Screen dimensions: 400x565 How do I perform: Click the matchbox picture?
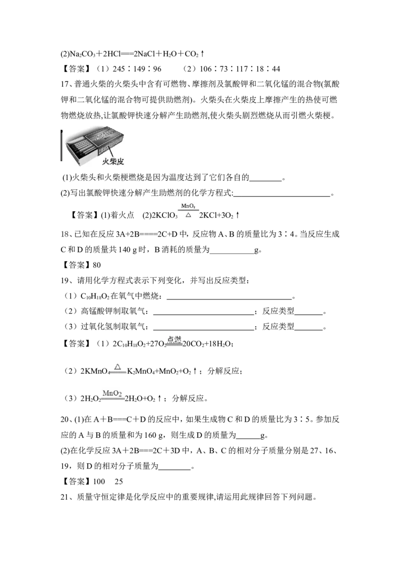pyautogui.click(x=95, y=142)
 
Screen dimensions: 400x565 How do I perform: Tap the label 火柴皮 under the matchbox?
pyautogui.click(x=112, y=162)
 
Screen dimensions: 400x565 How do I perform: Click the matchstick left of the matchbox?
pyautogui.click(x=61, y=146)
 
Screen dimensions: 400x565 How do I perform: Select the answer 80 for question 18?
pyautogui.click(x=97, y=265)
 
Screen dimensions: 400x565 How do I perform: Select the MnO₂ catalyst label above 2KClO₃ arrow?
pyautogui.click(x=188, y=206)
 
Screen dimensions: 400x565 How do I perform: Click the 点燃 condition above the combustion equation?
pyautogui.click(x=174, y=339)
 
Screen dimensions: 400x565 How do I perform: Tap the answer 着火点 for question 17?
pyautogui.click(x=122, y=215)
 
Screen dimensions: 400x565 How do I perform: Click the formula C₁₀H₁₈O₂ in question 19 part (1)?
pyautogui.click(x=95, y=296)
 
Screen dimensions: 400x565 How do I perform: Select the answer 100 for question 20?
pyautogui.click(x=99, y=482)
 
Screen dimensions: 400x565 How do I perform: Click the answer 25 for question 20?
pyautogui.click(x=119, y=482)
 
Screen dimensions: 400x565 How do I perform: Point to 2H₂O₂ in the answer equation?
pyautogui.click(x=90, y=399)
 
